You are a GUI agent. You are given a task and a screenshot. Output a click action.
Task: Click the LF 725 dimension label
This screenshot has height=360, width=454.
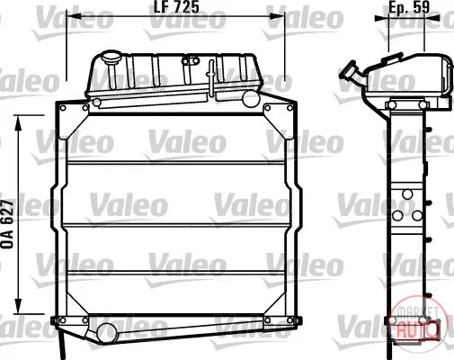(176, 6)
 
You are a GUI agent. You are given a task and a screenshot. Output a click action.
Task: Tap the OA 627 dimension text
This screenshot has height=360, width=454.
(7, 224)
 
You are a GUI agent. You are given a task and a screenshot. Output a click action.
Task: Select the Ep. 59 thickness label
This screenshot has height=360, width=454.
(409, 6)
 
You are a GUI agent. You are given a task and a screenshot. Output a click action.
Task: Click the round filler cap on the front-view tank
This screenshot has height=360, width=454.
(111, 57)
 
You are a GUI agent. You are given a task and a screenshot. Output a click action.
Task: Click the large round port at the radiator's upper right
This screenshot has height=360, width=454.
(250, 99)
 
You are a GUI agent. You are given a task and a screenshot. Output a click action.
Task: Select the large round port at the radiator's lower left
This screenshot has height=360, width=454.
(105, 333)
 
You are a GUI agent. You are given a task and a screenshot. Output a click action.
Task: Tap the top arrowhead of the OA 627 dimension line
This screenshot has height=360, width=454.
(19, 122)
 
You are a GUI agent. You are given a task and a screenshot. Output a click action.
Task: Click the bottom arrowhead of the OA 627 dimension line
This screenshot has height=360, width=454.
(19, 306)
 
